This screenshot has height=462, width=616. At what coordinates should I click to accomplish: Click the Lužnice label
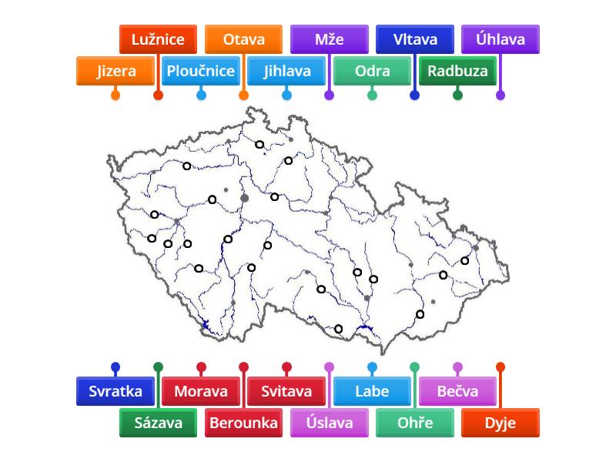tap(158, 39)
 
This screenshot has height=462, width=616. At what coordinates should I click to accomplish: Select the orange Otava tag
tap(243, 39)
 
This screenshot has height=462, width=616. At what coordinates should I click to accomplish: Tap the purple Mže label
tap(329, 39)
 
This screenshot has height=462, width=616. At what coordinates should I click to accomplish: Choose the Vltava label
tap(414, 39)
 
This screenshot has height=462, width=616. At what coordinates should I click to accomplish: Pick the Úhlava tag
tap(500, 39)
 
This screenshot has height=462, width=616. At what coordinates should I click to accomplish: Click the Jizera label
tap(115, 72)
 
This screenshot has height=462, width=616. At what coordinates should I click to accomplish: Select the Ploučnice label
tap(200, 72)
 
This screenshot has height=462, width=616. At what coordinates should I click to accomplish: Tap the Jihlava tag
tap(286, 72)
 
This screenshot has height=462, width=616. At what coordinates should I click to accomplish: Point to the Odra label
tap(372, 72)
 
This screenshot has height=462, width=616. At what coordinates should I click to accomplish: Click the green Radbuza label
tap(457, 72)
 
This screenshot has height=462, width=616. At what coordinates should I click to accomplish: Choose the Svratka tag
tap(115, 391)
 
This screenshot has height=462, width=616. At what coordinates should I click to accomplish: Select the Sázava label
tap(158, 423)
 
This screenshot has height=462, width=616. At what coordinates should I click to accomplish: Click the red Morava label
tap(201, 391)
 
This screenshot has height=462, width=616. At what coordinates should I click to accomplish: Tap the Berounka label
tap(243, 423)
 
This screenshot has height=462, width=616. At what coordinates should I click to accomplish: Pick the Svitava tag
tap(286, 391)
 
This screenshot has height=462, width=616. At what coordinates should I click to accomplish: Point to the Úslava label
tap(329, 423)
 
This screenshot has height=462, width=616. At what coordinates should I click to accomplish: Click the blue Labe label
tap(372, 391)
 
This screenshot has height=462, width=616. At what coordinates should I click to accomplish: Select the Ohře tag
tap(414, 423)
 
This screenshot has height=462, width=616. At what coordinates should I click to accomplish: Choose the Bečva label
tap(457, 391)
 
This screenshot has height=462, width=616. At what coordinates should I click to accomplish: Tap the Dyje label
tap(500, 423)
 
